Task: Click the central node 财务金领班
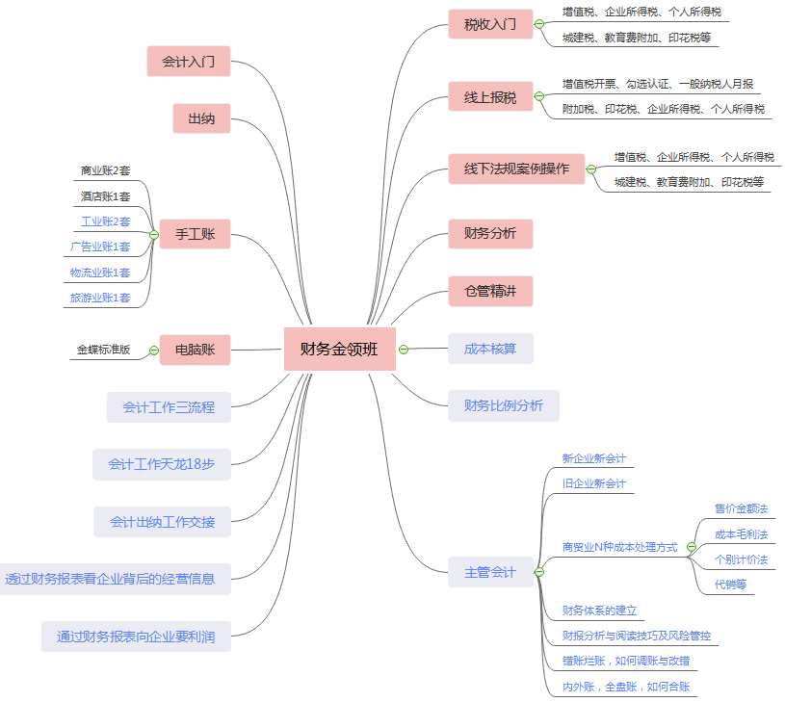[339, 349]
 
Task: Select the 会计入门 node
[189, 62]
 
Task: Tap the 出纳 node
[201, 118]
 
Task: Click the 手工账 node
[196, 234]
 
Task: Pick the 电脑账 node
[196, 349]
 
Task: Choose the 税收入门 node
[490, 24]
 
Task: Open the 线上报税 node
[490, 96]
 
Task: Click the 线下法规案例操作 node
[516, 169]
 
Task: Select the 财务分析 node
[490, 233]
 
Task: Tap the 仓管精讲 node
[490, 291]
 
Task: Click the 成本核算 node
[490, 349]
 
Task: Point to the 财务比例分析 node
[504, 405]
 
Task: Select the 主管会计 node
[490, 573]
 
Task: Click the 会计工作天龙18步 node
[162, 464]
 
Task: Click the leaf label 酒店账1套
[105, 196]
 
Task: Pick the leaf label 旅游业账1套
[100, 299]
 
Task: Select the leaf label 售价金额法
[741, 508]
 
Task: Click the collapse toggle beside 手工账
[154, 234]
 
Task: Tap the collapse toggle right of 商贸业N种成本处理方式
[691, 547]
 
